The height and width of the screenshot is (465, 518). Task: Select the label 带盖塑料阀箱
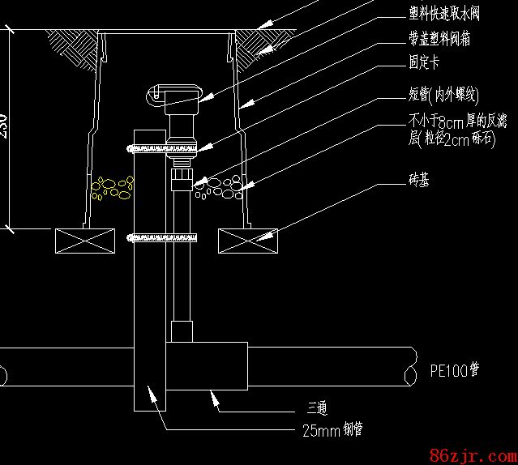440,39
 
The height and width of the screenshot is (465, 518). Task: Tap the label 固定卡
424,62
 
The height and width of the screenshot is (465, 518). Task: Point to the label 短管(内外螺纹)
447,96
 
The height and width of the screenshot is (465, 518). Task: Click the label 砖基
419,180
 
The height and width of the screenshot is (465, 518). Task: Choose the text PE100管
454,372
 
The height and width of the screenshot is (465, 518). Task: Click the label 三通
316,408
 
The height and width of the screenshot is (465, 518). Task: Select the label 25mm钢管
331,430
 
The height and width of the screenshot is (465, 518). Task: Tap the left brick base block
86,241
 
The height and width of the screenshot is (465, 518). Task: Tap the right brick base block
248,241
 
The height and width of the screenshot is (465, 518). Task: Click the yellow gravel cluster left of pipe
112,188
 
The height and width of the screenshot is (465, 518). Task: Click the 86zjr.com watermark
470,451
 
